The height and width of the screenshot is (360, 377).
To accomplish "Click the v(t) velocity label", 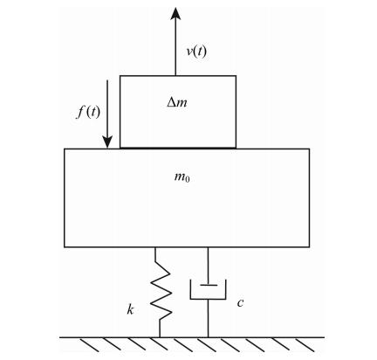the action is (x=196, y=52).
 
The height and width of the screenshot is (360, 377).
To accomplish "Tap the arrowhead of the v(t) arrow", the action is (x=175, y=13).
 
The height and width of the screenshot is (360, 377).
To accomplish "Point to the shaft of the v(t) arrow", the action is (x=175, y=47).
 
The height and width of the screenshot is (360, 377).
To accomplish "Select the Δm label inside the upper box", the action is (x=177, y=102).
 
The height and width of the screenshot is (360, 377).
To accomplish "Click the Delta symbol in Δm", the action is (x=171, y=102).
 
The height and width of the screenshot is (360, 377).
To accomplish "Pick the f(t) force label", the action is (x=88, y=112).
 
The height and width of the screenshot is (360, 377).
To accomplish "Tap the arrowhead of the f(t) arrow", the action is (x=107, y=142).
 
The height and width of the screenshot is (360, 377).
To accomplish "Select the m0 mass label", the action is (x=182, y=177).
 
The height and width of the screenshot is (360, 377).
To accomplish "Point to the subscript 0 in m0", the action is (x=188, y=179).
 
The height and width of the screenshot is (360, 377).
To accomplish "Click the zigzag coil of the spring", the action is (x=161, y=291).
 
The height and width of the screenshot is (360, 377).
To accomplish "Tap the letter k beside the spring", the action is (x=130, y=309).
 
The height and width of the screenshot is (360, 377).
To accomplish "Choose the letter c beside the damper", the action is (x=240, y=303).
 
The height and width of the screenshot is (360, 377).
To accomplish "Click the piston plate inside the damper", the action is (x=209, y=285).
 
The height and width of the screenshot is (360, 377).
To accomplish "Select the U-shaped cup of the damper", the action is (x=208, y=299).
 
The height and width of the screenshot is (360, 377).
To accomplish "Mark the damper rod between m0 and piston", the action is (x=208, y=266).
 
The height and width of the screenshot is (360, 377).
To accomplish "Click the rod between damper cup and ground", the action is (x=208, y=318).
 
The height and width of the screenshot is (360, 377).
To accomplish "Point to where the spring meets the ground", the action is (x=160, y=337).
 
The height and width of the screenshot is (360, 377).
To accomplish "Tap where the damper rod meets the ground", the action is (x=208, y=337).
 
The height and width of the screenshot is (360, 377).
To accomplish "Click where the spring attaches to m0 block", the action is (x=155, y=247).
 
